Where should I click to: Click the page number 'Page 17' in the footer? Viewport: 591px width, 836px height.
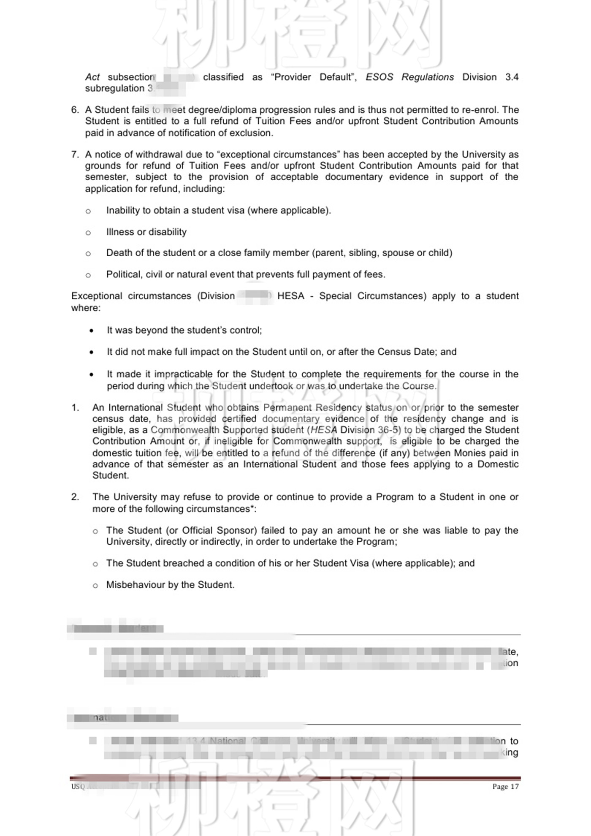[x=505, y=786]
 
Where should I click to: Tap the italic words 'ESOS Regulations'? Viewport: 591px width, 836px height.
[x=409, y=77]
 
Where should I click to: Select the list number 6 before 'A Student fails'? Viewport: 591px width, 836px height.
[x=75, y=110]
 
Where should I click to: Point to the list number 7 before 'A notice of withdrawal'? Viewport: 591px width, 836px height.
[x=75, y=155]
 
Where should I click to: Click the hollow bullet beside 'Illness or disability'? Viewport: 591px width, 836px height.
[x=88, y=233]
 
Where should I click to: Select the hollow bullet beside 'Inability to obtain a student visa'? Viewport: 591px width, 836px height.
[x=88, y=211]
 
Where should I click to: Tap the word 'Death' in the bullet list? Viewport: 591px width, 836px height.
[x=119, y=253]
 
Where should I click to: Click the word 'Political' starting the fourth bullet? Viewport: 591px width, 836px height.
[x=125, y=274]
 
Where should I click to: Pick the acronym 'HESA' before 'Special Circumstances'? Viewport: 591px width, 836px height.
[x=290, y=296]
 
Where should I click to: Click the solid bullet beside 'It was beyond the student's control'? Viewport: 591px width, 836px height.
[x=92, y=331]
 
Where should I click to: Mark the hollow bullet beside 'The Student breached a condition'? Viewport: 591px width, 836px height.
[x=95, y=564]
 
